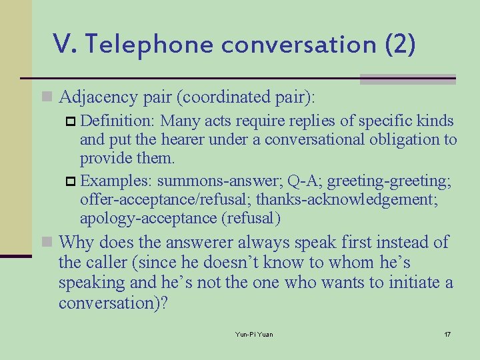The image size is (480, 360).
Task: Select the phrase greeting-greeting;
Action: (x=389, y=180)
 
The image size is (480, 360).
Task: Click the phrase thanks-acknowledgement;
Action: (x=359, y=199)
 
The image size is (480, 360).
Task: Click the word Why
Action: (x=76, y=242)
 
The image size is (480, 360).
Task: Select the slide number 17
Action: (x=447, y=333)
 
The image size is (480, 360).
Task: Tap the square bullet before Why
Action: (x=47, y=243)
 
